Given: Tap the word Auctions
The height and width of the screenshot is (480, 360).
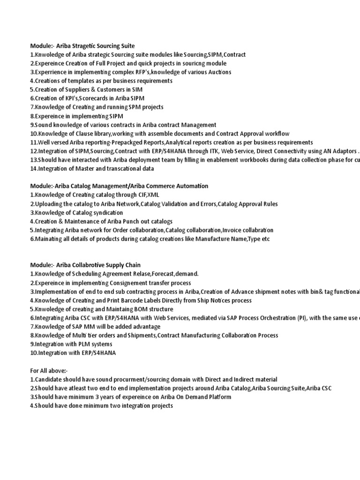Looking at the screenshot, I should [x=218, y=72].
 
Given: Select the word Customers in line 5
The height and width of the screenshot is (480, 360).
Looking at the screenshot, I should [x=109, y=90].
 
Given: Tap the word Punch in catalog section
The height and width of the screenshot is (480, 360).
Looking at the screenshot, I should [x=124, y=221].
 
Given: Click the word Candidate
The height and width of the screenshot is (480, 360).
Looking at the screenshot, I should [x=47, y=379].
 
